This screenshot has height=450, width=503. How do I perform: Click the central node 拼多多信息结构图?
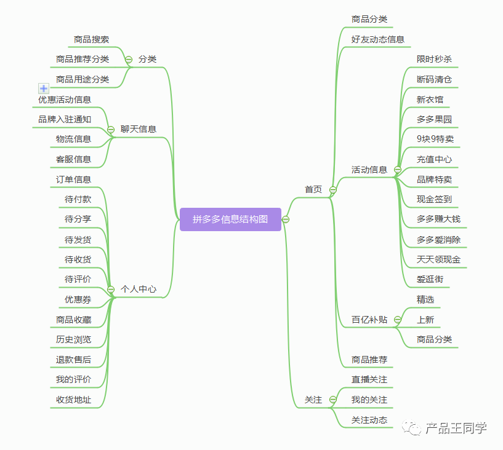230,219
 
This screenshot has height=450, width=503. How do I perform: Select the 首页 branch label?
313,189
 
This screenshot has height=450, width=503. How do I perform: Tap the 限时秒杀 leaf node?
434,59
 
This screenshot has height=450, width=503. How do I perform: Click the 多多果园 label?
434,119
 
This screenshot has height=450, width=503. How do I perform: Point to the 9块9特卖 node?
435,139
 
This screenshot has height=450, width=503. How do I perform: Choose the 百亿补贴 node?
369,319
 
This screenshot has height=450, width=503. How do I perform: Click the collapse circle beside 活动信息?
398,170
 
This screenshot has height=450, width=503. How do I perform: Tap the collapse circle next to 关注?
333,400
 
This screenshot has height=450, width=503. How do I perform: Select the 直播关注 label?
369,380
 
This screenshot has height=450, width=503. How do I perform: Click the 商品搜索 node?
91,39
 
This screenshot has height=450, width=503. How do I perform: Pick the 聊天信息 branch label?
138,129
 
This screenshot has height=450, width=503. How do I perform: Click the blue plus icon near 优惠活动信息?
44,89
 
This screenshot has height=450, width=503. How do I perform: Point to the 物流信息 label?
73,139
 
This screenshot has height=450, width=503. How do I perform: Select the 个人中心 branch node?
138,289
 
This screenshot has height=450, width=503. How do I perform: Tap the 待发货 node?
78,240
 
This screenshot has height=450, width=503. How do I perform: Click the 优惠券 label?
78,299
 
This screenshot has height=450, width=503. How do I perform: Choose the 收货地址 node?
73,400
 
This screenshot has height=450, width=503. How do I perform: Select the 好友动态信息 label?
378,39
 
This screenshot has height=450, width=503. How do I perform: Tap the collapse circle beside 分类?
129,59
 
